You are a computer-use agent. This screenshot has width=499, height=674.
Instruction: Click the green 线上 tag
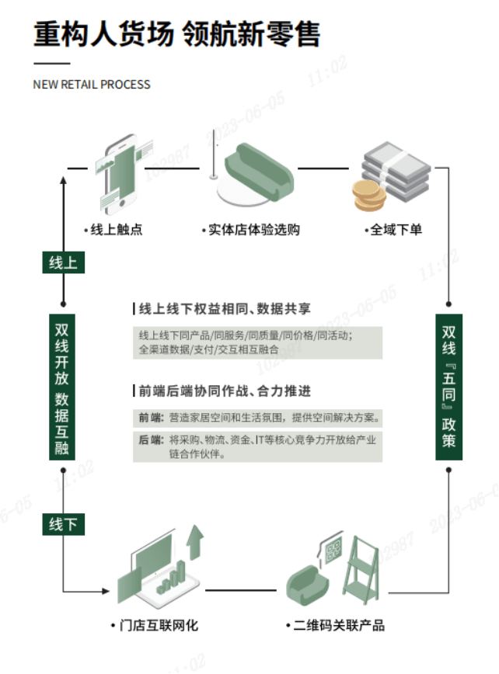click(63, 262)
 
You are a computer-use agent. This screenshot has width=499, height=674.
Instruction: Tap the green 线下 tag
click(63, 525)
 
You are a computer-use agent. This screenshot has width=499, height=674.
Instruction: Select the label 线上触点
click(116, 230)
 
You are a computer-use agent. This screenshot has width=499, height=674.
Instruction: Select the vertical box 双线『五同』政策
click(449, 386)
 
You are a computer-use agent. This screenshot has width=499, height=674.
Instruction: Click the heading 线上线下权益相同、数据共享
click(224, 309)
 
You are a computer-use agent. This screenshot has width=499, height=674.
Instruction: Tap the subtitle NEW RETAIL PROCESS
click(92, 84)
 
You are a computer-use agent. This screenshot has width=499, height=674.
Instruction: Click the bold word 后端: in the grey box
click(151, 440)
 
